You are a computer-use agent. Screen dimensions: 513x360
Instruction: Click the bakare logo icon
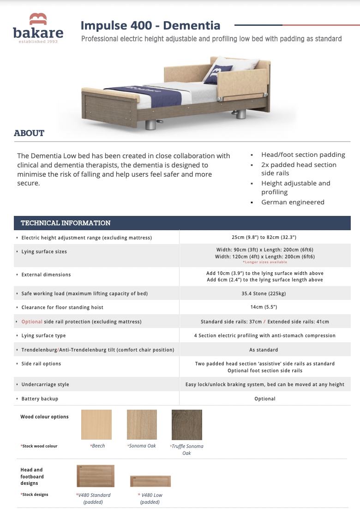click(x=38, y=19)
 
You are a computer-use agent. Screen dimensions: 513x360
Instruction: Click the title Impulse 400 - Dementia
click(x=150, y=25)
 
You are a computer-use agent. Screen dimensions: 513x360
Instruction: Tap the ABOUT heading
click(x=29, y=133)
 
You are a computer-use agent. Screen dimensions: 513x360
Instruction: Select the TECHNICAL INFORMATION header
click(x=66, y=223)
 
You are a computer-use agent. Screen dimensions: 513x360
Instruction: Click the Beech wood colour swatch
click(x=96, y=424)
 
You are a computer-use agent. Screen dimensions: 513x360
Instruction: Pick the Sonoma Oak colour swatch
click(x=142, y=424)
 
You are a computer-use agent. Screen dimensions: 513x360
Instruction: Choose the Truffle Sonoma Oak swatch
click(x=187, y=424)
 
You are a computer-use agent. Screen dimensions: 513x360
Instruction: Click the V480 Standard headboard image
click(x=96, y=476)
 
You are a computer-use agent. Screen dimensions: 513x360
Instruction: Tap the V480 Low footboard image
click(x=150, y=481)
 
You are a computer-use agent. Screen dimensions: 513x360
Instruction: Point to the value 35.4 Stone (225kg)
click(x=264, y=293)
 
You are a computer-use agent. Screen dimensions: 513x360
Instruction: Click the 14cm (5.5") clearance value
click(x=264, y=307)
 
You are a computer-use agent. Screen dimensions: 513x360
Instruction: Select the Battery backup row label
click(x=40, y=399)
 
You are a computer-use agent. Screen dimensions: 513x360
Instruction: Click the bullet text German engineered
click(x=293, y=202)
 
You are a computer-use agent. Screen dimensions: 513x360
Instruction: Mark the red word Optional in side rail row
click(x=32, y=322)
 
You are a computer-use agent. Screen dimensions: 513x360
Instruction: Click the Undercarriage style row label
click(x=45, y=384)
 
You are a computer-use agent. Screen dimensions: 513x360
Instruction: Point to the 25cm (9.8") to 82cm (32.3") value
click(x=264, y=237)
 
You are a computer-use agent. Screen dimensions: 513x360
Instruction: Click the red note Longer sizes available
click(x=264, y=262)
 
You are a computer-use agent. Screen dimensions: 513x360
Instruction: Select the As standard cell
click(x=264, y=350)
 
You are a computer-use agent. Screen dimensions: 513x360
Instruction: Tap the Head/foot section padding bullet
click(x=303, y=155)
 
